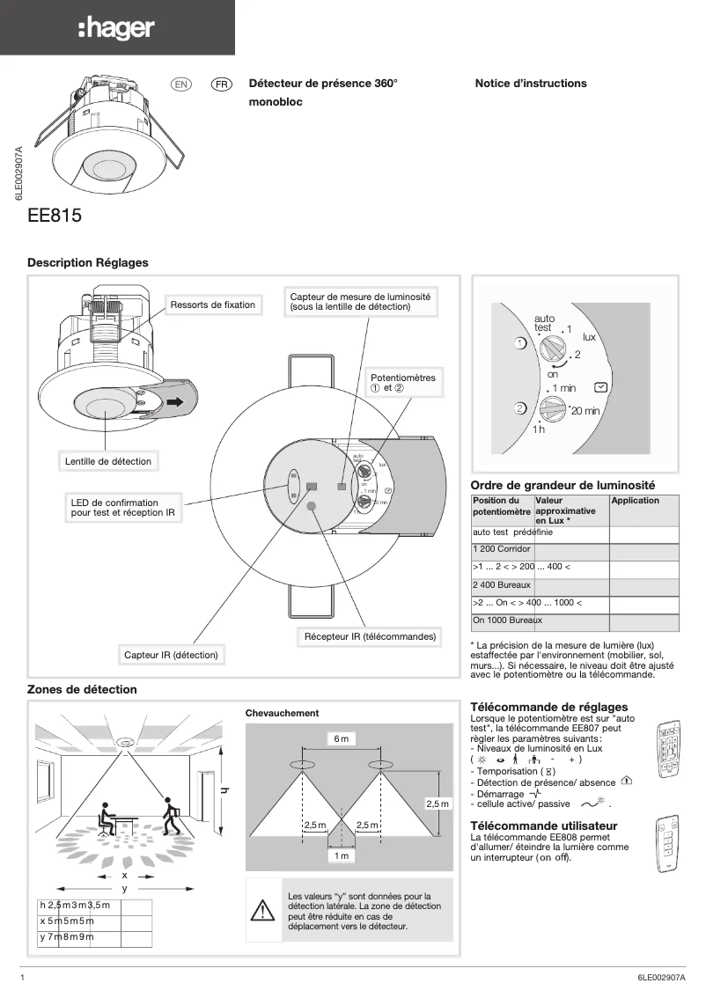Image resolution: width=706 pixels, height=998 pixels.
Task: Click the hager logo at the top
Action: (116, 29)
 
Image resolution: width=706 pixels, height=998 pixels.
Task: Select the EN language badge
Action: (181, 84)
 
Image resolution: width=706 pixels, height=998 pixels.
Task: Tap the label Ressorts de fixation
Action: (212, 305)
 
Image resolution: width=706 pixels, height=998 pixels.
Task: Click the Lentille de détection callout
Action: (108, 461)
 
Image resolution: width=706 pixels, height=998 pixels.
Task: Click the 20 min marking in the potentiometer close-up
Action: (580, 411)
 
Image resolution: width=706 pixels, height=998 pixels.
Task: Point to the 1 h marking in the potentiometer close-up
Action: (539, 429)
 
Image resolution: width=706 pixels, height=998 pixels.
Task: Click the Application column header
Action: (635, 501)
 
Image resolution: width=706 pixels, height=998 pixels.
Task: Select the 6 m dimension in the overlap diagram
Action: (342, 739)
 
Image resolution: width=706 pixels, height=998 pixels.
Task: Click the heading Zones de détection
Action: (82, 689)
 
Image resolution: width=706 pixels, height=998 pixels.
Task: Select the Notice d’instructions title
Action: (530, 84)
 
